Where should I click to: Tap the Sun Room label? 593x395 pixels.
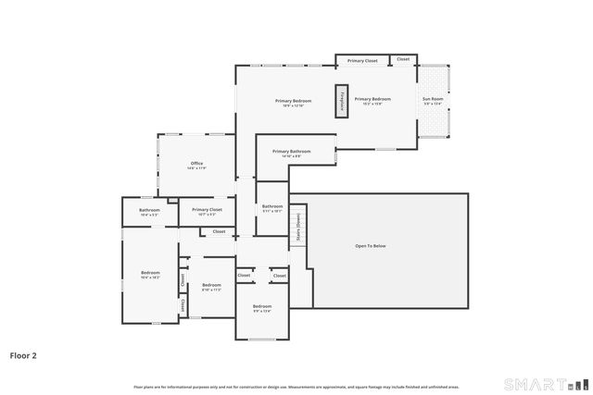coord(432,98)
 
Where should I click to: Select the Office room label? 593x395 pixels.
coord(196,164)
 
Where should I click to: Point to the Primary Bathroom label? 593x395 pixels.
coord(291,151)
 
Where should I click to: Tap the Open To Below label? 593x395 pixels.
coord(371,245)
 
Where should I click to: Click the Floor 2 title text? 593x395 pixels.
coord(23,354)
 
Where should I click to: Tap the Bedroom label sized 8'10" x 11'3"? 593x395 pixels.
coord(211,285)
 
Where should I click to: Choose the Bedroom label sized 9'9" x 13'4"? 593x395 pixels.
coord(262,306)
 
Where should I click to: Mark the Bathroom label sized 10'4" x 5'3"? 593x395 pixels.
coord(149,210)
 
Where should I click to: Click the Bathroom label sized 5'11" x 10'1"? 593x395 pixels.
coord(272,206)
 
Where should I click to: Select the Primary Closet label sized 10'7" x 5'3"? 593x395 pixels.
coord(207,210)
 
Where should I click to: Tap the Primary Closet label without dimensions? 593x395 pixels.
coord(362,60)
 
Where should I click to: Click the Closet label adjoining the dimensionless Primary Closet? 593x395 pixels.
coord(403,59)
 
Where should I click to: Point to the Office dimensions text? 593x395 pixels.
coord(196,168)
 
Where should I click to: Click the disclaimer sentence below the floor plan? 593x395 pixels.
coord(296,386)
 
